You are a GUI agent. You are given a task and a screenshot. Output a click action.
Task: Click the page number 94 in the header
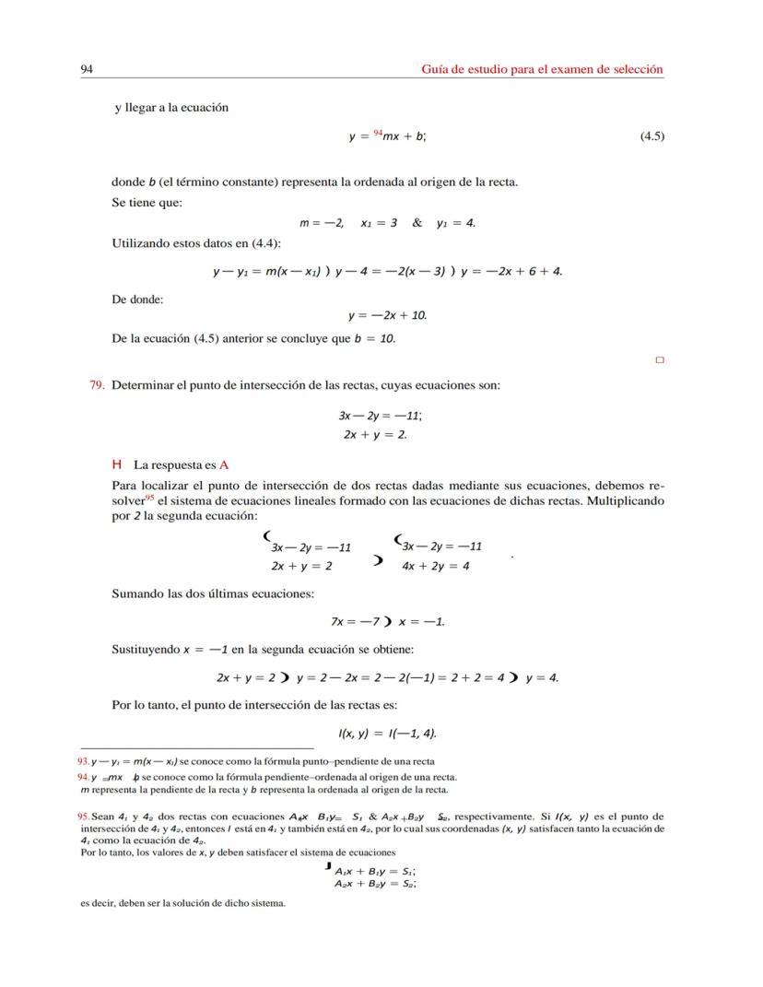(88, 69)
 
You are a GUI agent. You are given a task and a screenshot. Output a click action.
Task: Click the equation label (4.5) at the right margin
(651, 136)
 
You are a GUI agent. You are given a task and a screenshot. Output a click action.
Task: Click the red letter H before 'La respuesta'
(117, 465)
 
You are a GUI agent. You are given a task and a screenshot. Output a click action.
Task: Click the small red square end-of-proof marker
(659, 360)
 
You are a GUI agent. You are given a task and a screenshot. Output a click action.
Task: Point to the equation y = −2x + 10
(387, 315)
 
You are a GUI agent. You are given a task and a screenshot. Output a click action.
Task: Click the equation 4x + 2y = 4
(436, 566)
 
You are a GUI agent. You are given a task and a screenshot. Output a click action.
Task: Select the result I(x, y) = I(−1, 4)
(387, 734)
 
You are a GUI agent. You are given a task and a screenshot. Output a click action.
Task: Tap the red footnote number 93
(83, 761)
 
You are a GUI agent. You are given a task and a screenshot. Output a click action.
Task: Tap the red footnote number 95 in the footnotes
(83, 817)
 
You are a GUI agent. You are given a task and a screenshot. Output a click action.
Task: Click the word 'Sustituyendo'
(146, 649)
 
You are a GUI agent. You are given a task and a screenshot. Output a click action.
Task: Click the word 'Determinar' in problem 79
(143, 384)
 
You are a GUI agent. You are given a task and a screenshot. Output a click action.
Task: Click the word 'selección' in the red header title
(638, 69)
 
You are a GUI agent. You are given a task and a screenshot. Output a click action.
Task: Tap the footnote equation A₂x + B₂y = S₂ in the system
(375, 883)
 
